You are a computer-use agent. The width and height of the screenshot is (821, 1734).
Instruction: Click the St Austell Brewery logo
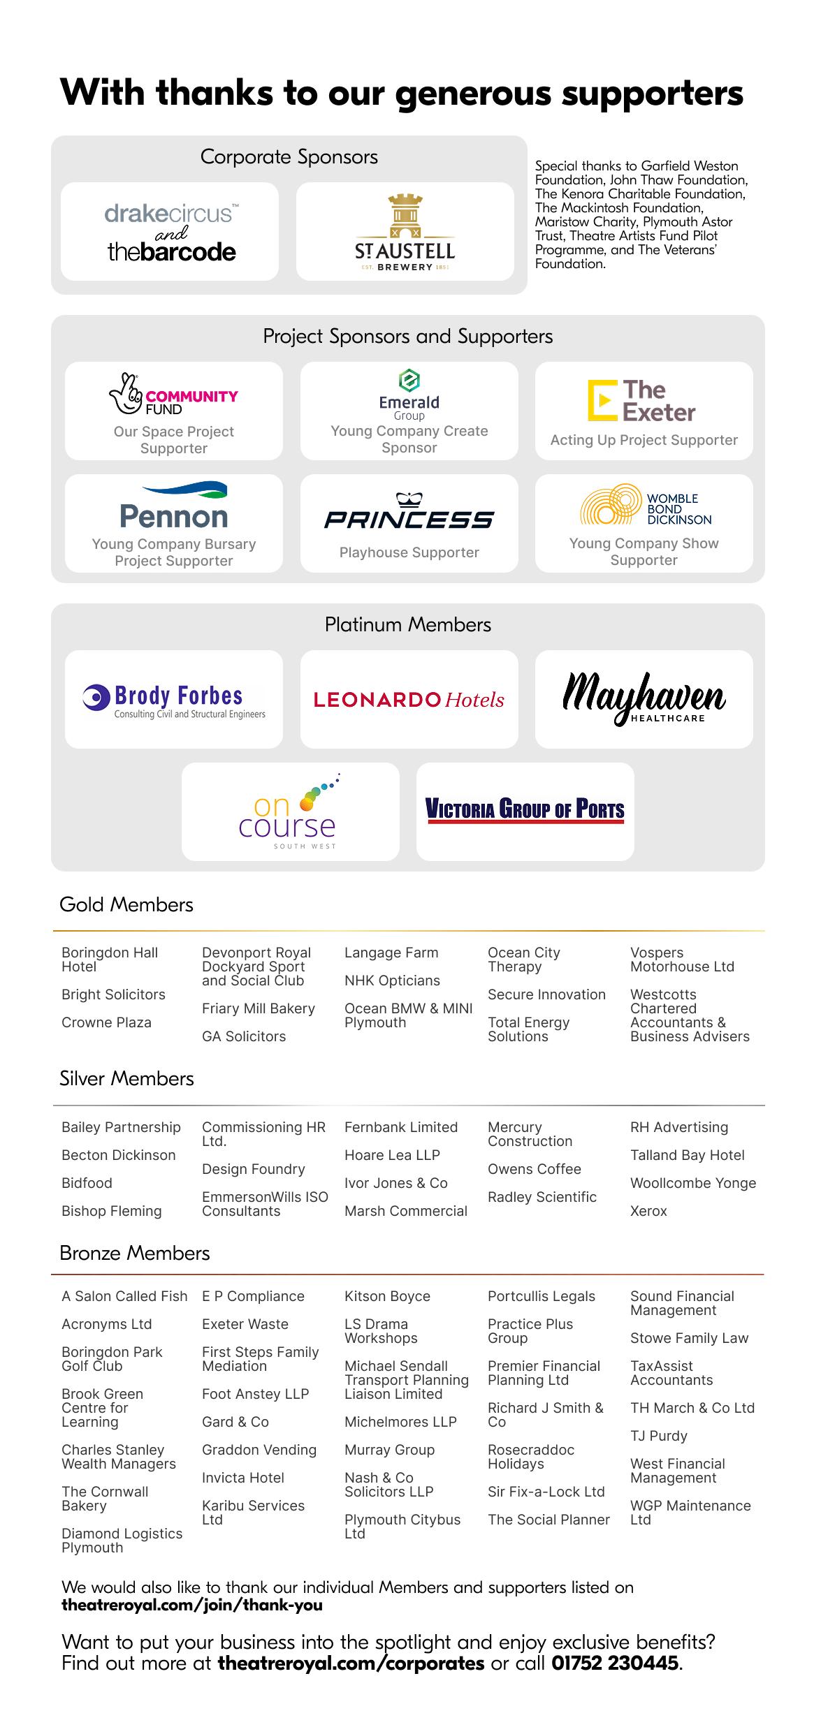(405, 233)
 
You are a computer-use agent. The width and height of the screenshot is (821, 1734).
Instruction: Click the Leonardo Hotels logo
(409, 700)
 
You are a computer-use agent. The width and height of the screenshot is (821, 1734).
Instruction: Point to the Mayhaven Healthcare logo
(644, 698)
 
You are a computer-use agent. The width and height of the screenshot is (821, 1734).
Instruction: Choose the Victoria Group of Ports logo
(525, 811)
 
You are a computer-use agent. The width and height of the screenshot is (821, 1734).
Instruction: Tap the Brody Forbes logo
(174, 700)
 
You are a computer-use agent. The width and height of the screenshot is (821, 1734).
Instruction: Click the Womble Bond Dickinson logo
(644, 506)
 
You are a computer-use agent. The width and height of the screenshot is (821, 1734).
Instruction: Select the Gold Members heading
(126, 905)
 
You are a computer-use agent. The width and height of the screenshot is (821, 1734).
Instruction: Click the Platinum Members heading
(408, 625)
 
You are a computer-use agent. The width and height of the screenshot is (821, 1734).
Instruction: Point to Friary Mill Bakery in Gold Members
(259, 1008)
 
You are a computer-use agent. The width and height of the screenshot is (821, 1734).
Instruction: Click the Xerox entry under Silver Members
(648, 1211)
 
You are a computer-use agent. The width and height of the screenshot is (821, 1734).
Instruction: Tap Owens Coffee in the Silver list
(535, 1169)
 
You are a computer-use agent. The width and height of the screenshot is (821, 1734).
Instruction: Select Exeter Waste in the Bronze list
(245, 1324)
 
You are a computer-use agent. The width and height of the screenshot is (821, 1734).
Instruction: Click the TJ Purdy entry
(659, 1436)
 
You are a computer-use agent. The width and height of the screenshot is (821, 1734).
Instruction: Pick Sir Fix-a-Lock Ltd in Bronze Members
(546, 1492)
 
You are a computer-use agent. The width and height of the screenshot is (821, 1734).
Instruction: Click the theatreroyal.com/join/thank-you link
(192, 1605)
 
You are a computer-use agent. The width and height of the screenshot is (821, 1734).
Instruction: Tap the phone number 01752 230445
(615, 1663)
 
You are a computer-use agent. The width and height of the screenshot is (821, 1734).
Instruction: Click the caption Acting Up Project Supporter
(644, 440)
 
